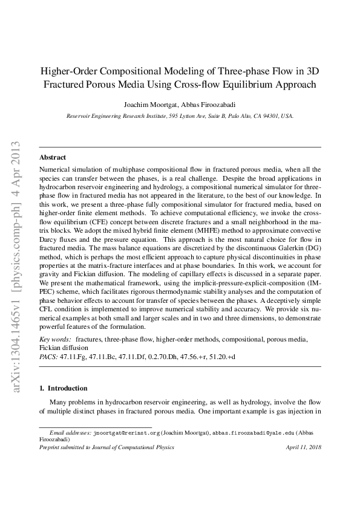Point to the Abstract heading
(53, 157)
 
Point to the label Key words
(54, 341)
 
